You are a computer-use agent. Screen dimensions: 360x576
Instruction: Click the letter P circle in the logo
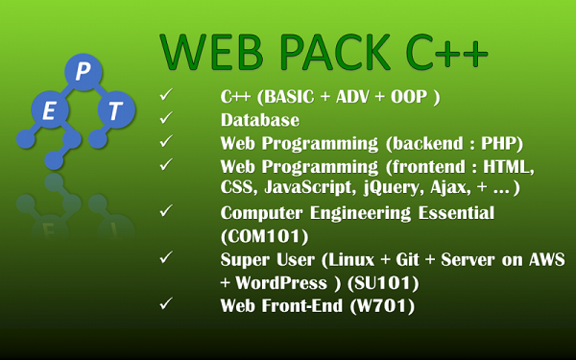pyautogui.click(x=82, y=72)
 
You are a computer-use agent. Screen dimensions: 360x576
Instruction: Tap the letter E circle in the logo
pyautogui.click(x=49, y=110)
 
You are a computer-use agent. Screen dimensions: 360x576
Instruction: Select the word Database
pyautogui.click(x=259, y=120)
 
